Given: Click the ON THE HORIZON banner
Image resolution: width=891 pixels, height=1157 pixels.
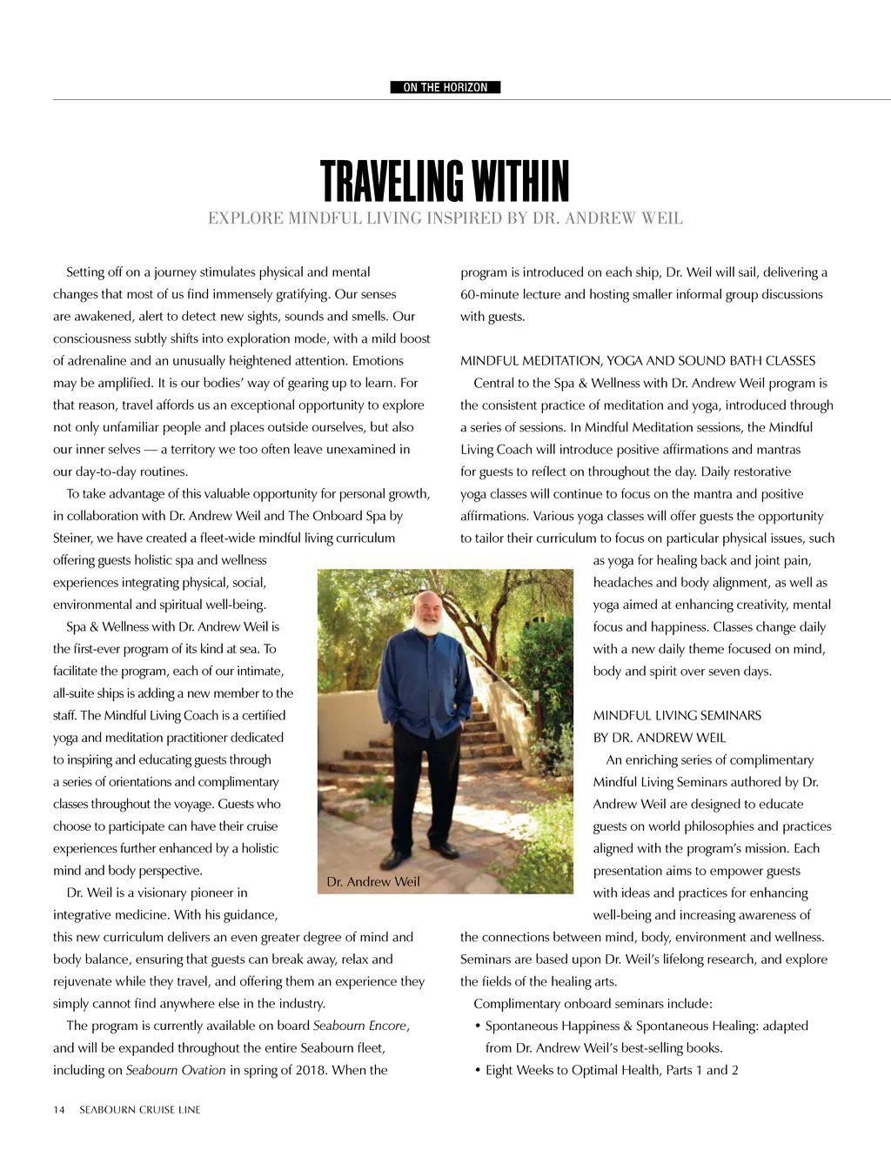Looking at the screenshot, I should pyautogui.click(x=445, y=87).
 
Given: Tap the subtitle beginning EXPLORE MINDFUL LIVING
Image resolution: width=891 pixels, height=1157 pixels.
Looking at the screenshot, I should pyautogui.click(x=445, y=218).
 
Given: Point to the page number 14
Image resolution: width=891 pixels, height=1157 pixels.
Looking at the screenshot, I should pyautogui.click(x=59, y=1109).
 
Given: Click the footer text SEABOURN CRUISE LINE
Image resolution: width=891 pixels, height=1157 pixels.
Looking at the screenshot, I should pyautogui.click(x=140, y=1109).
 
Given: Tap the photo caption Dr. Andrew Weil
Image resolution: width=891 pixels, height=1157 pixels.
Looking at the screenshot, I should pyautogui.click(x=373, y=881).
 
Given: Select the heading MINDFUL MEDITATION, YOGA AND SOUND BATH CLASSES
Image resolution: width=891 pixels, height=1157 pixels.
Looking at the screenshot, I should pyautogui.click(x=638, y=360).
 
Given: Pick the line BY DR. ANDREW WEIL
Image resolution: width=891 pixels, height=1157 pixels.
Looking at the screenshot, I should pyautogui.click(x=659, y=738).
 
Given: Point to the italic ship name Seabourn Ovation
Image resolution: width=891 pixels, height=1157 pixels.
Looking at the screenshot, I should pyautogui.click(x=176, y=1070).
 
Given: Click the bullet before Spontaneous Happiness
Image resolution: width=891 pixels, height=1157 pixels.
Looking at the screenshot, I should pyautogui.click(x=478, y=1027).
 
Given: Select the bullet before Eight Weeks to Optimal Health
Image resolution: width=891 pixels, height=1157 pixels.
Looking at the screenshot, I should pyautogui.click(x=478, y=1071).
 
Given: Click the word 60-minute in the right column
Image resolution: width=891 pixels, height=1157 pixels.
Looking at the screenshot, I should pyautogui.click(x=490, y=294).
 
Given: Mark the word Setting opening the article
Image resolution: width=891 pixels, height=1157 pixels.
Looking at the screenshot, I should pyautogui.click(x=85, y=272).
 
